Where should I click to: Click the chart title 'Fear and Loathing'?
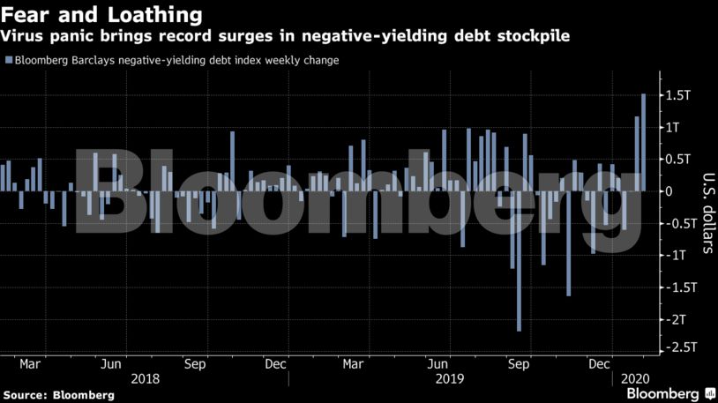click(x=101, y=15)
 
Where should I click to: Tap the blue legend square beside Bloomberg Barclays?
click(x=9, y=61)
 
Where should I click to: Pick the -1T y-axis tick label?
click(x=675, y=255)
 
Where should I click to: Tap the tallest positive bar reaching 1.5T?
click(x=644, y=142)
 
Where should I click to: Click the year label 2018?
click(x=145, y=378)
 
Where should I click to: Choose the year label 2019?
click(x=450, y=378)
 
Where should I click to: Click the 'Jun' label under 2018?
click(x=111, y=363)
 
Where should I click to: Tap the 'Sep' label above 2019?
click(x=520, y=363)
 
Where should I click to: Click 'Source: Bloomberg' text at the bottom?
click(x=58, y=394)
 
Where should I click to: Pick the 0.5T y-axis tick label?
click(x=677, y=160)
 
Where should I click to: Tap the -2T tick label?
click(x=675, y=318)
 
